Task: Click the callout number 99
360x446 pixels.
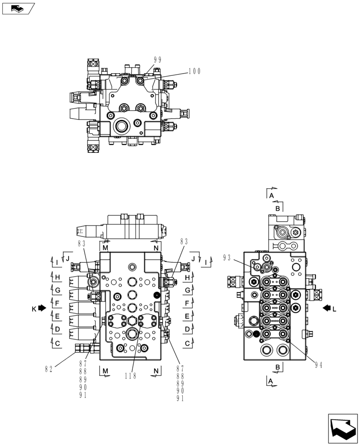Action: pyautogui.click(x=157, y=60)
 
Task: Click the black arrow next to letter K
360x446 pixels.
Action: pyautogui.click(x=42, y=308)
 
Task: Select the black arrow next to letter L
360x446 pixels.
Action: pyautogui.click(x=327, y=308)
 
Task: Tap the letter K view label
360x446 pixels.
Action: pyautogui.click(x=33, y=308)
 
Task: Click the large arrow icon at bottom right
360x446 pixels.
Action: pyautogui.click(x=343, y=429)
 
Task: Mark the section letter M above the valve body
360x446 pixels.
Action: pyautogui.click(x=105, y=248)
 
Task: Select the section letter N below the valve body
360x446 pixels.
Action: pyautogui.click(x=156, y=371)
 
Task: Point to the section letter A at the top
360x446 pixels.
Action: pyautogui.click(x=271, y=195)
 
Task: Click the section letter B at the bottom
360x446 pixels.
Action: pyautogui.click(x=277, y=367)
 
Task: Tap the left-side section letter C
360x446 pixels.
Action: pyautogui.click(x=57, y=343)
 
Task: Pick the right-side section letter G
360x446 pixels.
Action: pyautogui.click(x=188, y=290)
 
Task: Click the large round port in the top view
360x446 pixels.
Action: pyautogui.click(x=122, y=127)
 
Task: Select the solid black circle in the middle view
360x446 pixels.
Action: pyautogui.click(x=156, y=295)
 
